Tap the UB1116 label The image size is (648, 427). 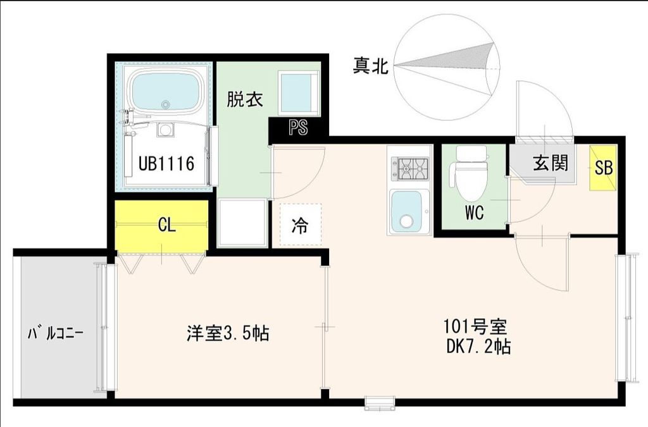pyautogui.click(x=166, y=163)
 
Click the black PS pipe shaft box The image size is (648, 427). pyautogui.click(x=298, y=128)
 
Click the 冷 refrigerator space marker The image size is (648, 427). pyautogui.click(x=300, y=226)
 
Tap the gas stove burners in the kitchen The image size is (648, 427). pyautogui.click(x=411, y=168)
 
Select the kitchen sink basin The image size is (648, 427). pyautogui.click(x=406, y=211)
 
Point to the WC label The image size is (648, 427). pyautogui.click(x=474, y=213)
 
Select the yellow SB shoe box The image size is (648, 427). pyautogui.click(x=602, y=168)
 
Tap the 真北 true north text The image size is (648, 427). pyautogui.click(x=371, y=66)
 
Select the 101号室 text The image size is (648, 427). pyautogui.click(x=475, y=328)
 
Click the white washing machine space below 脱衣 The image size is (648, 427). pyautogui.click(x=242, y=222)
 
